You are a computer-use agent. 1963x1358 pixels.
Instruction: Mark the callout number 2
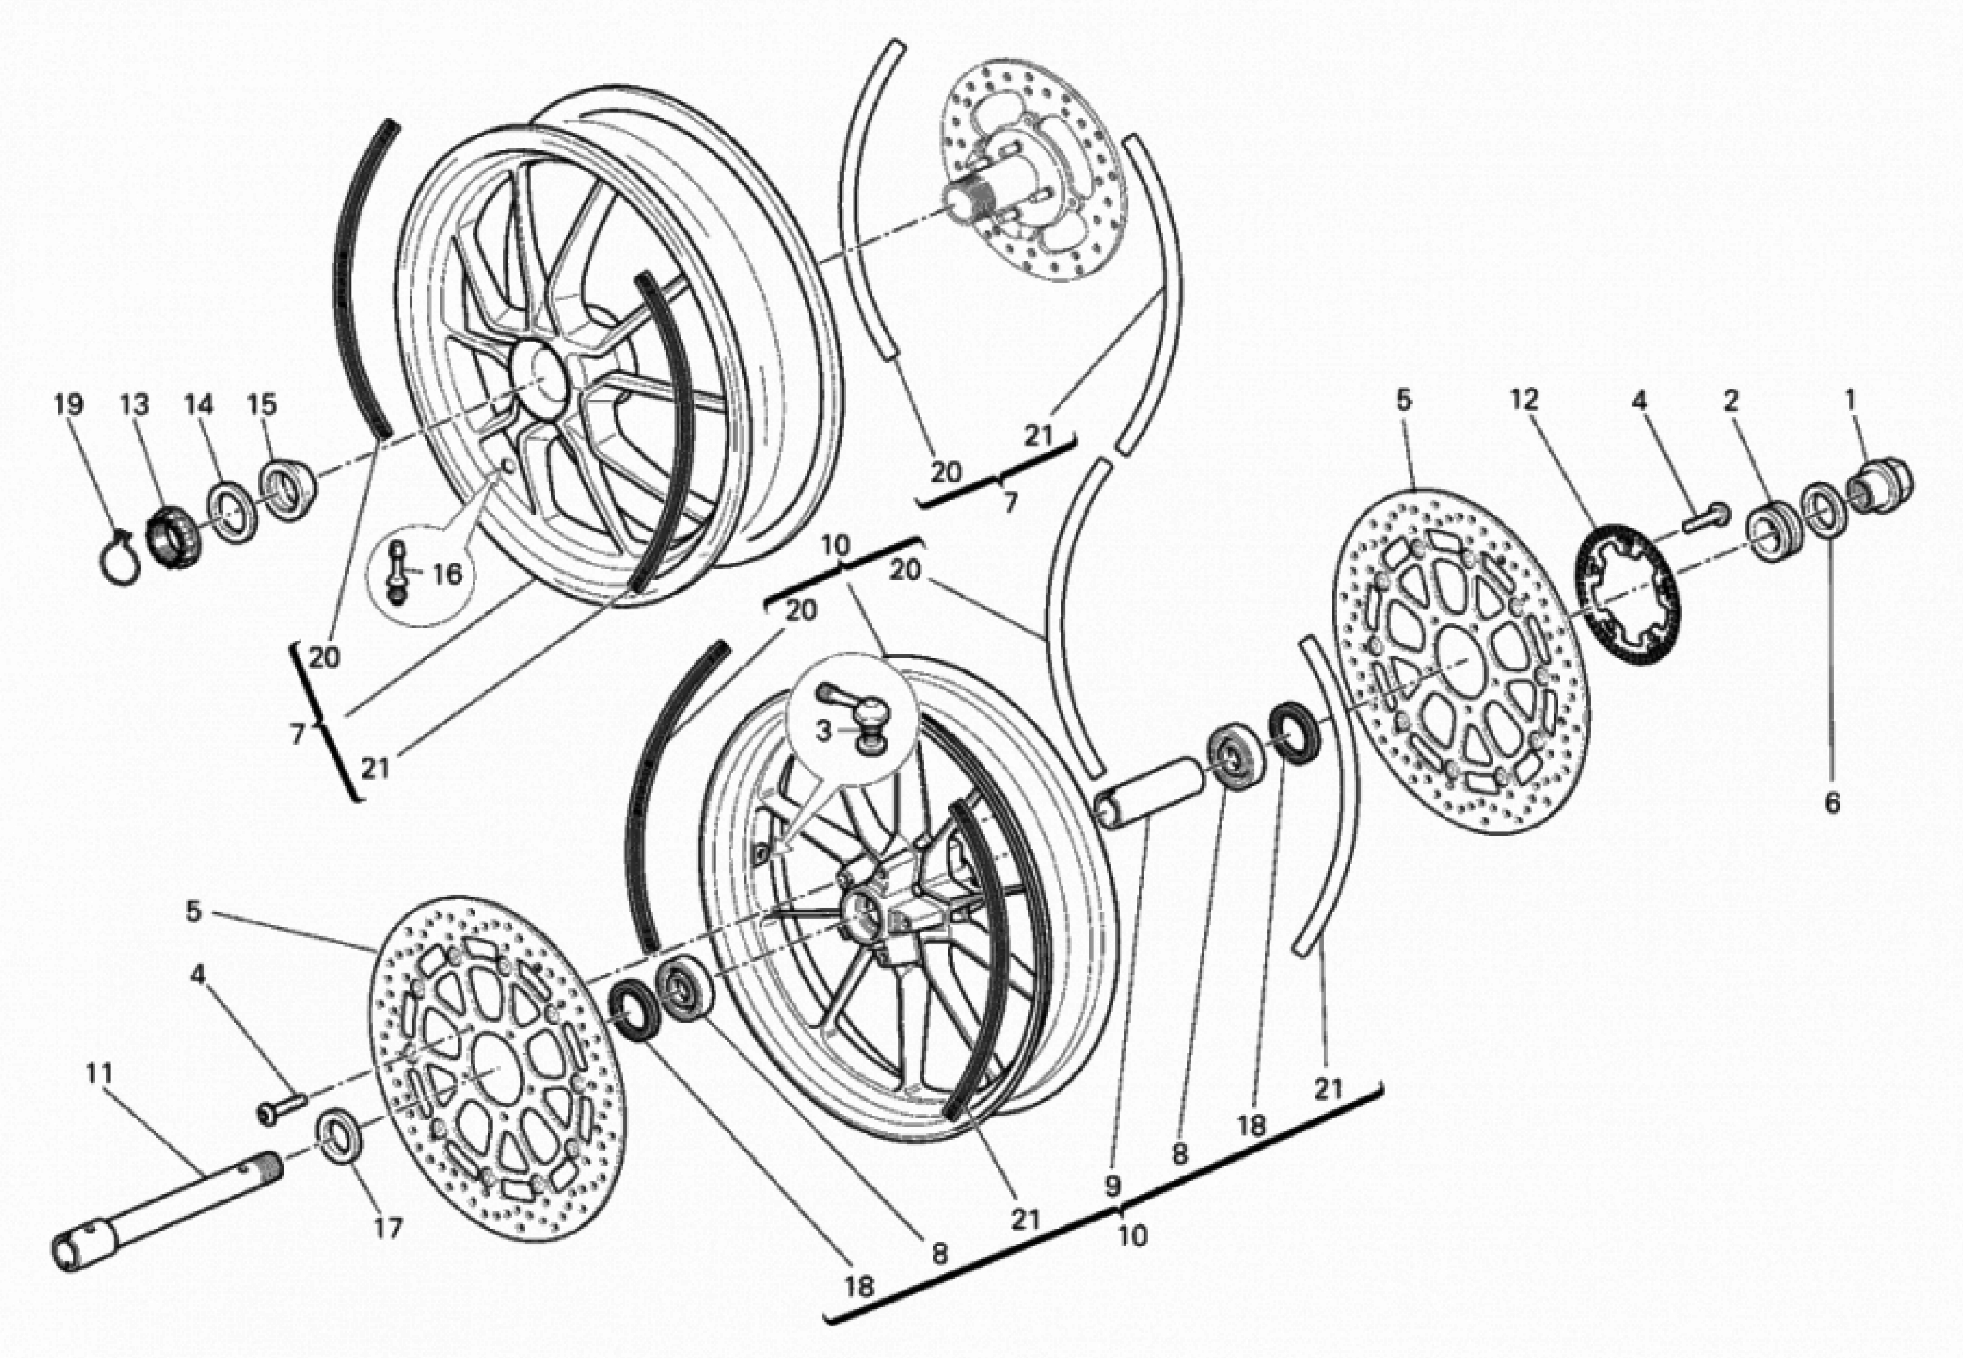tap(1731, 401)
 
